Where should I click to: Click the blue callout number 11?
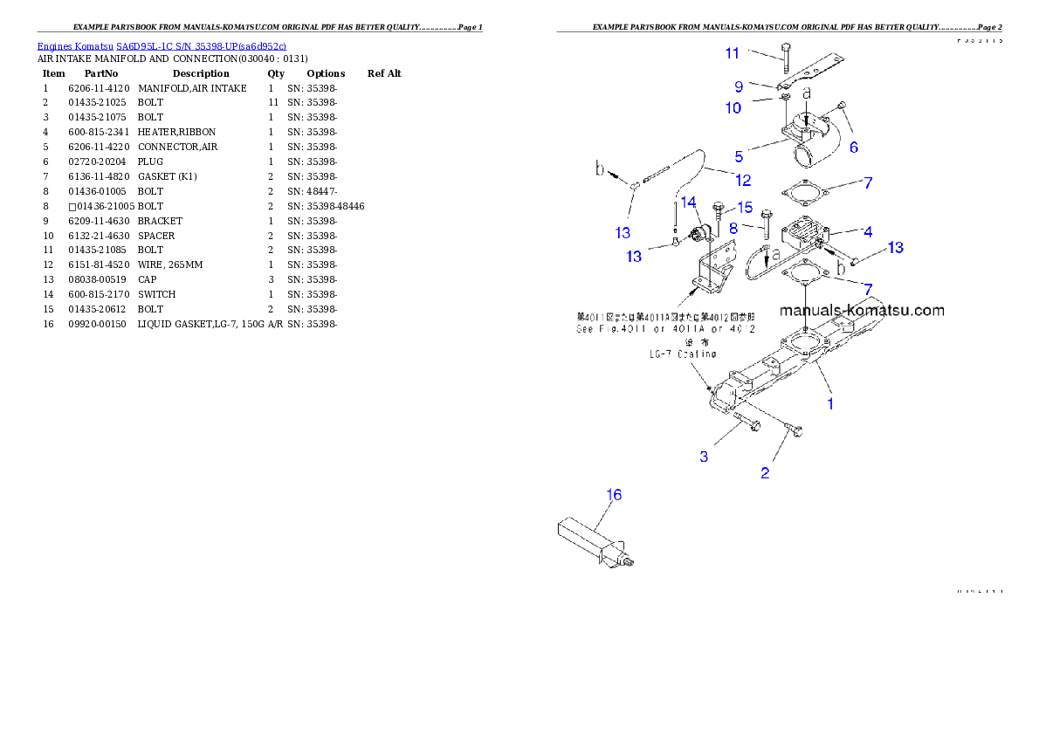[x=732, y=53]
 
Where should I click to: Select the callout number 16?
[x=614, y=495]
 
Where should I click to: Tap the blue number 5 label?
[x=739, y=157]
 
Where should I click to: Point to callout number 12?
[x=743, y=181]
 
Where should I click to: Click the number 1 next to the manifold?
[x=830, y=403]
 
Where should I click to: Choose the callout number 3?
[x=704, y=457]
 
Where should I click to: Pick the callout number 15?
[x=744, y=207]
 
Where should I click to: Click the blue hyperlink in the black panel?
[x=162, y=45]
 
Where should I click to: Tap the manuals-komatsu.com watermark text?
[x=861, y=310]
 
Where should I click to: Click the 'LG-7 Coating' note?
[x=682, y=354]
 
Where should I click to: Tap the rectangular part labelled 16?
[x=587, y=539]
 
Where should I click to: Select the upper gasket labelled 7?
[x=802, y=192]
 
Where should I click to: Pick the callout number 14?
[x=689, y=202]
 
